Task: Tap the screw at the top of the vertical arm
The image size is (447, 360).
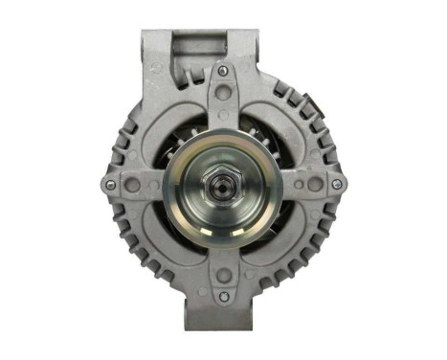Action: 223,70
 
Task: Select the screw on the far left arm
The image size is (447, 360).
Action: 111,184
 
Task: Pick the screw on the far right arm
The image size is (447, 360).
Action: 334,183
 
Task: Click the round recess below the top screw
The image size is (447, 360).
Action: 223,94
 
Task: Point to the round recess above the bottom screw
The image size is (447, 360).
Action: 223,276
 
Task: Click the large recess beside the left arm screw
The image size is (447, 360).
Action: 133,184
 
